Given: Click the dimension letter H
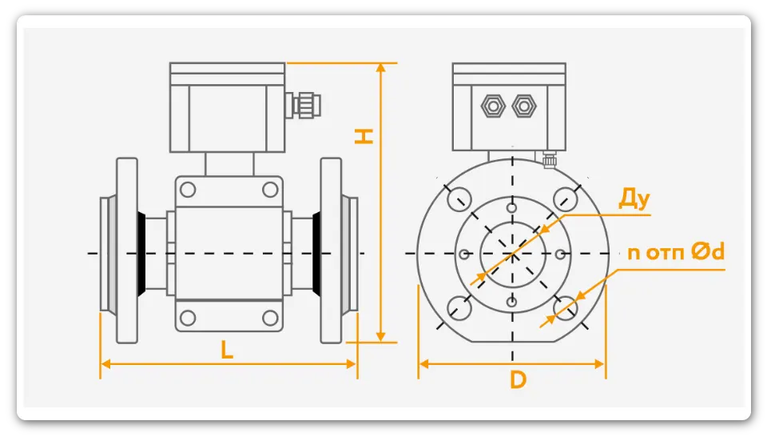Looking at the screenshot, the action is click(364, 136).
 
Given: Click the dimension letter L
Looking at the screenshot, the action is click(226, 350).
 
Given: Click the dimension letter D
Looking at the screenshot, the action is click(518, 379).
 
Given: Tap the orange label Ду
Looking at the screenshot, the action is click(634, 198).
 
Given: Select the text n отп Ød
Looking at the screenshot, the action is click(676, 252).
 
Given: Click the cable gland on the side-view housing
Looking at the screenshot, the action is click(304, 104).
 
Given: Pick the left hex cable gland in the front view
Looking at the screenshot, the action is click(493, 106).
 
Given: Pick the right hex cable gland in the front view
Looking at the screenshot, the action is click(524, 106).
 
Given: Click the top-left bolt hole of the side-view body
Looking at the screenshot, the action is click(188, 189).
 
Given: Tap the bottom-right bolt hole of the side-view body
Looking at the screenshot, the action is click(270, 318).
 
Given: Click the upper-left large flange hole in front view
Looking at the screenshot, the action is click(459, 199).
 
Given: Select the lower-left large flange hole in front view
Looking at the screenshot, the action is click(459, 308).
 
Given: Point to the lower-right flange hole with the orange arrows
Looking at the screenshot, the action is click(566, 308).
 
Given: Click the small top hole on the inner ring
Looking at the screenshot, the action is click(511, 208).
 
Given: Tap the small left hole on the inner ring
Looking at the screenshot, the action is click(465, 254).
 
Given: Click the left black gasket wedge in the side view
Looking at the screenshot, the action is click(141, 254).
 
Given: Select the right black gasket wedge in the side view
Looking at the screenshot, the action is click(317, 254).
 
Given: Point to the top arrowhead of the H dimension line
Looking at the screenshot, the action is click(380, 68).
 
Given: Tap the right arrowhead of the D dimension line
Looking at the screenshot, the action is click(600, 364).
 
